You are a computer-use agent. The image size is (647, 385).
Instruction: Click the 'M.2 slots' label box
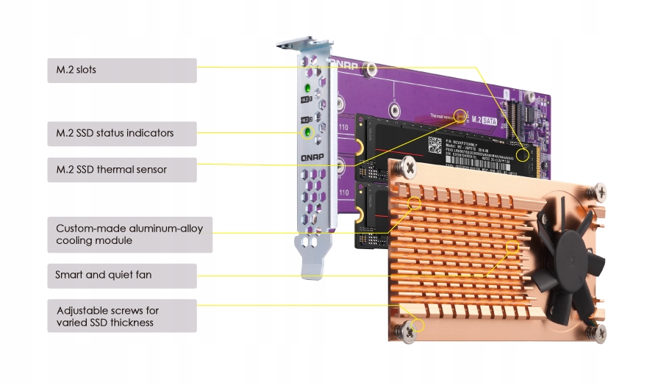(x=122, y=71)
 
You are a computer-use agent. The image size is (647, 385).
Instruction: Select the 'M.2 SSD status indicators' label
(x=122, y=134)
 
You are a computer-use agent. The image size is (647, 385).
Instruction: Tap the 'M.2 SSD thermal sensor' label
(x=122, y=170)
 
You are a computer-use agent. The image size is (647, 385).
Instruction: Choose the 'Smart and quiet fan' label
(x=122, y=276)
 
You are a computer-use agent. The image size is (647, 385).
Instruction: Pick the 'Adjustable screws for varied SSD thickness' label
(x=122, y=315)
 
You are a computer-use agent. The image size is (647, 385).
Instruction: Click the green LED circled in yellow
(x=308, y=133)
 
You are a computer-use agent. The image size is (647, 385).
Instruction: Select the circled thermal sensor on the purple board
(x=461, y=115)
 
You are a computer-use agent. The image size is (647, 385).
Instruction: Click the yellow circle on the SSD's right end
(x=523, y=155)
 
